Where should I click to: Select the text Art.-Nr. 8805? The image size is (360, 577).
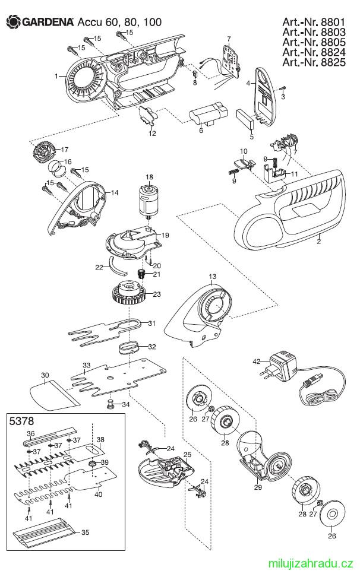314,42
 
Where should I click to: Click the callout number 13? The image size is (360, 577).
213,277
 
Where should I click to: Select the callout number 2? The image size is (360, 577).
319,242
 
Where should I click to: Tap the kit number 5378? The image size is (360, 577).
21,421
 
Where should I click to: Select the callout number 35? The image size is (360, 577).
86,532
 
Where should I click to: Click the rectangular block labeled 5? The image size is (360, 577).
245,119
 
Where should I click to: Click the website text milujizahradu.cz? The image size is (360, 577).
311,563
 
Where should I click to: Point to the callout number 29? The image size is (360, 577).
258,487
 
